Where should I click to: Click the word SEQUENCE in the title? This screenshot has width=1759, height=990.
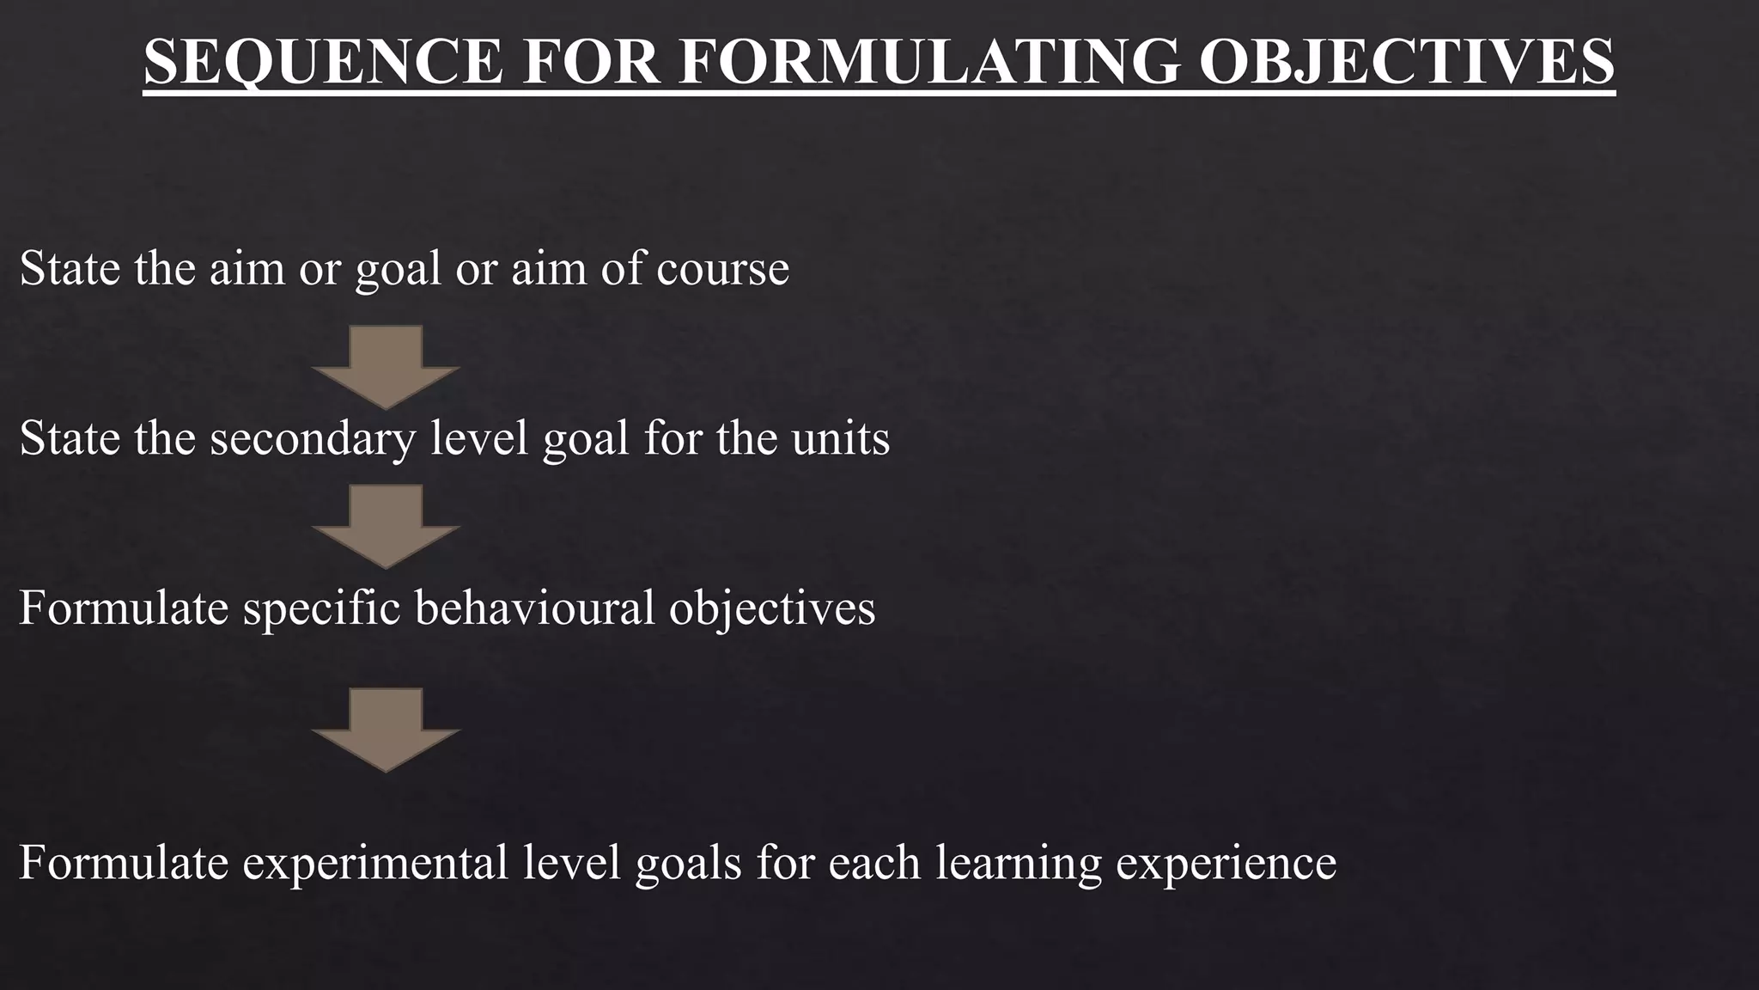(x=323, y=61)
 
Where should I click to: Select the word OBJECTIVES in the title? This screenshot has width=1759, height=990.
(x=1407, y=61)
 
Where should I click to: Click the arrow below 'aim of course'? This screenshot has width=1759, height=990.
(x=386, y=364)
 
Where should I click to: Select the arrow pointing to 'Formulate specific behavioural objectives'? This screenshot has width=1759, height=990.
(x=386, y=524)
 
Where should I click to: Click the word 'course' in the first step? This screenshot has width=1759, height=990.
(x=722, y=268)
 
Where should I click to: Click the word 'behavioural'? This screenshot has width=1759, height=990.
(x=534, y=607)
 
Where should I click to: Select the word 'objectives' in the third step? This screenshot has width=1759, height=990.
(x=772, y=608)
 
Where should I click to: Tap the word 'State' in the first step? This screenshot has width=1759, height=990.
(x=70, y=268)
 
